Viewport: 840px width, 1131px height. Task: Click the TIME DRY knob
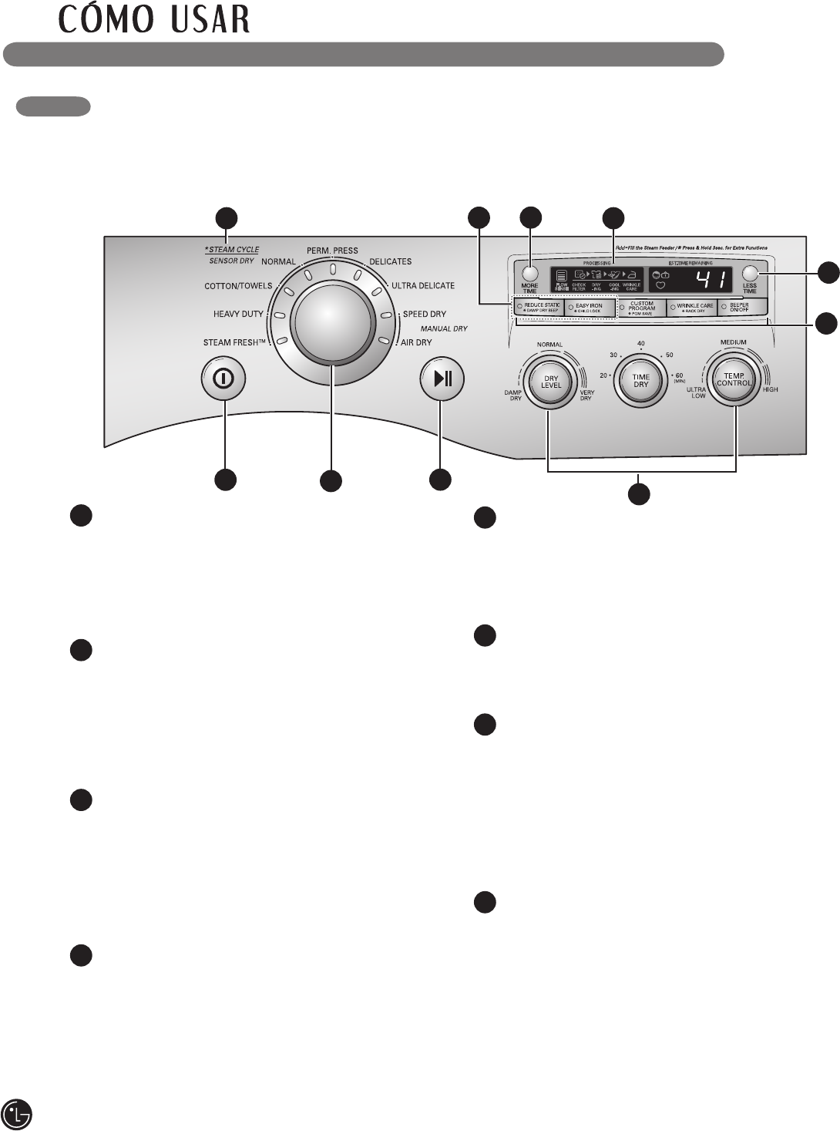pyautogui.click(x=641, y=380)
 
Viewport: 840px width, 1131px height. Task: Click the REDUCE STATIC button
pyautogui.click(x=539, y=308)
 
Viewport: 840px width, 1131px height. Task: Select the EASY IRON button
pyautogui.click(x=590, y=308)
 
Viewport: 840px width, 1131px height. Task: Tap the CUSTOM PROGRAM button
pyautogui.click(x=642, y=308)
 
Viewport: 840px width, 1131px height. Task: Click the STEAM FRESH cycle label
pyautogui.click(x=234, y=342)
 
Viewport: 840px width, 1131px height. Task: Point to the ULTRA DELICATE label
pyautogui.click(x=423, y=286)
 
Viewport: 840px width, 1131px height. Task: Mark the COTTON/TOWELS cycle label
pyautogui.click(x=237, y=286)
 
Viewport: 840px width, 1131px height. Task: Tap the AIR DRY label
pyautogui.click(x=416, y=342)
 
